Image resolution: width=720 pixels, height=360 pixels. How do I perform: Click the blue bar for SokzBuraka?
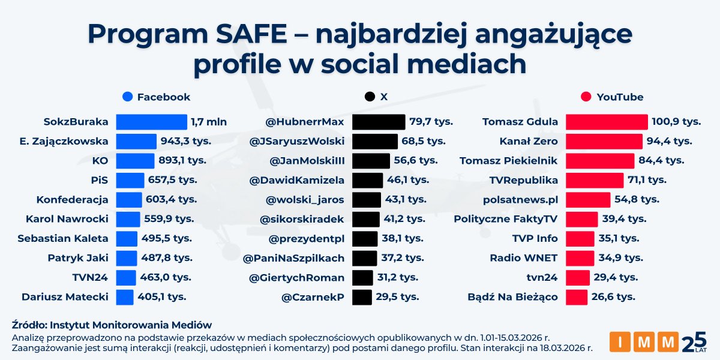[x=151, y=122]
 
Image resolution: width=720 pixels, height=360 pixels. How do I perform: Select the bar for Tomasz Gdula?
[x=607, y=122]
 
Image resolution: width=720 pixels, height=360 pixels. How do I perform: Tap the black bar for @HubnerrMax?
[x=378, y=122]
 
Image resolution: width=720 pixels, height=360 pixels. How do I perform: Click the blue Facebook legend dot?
[x=127, y=97]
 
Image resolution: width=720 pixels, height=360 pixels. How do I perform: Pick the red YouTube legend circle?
[x=586, y=97]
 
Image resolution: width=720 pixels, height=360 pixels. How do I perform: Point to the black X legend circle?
[x=370, y=97]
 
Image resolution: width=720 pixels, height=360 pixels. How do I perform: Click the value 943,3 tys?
[x=167, y=142]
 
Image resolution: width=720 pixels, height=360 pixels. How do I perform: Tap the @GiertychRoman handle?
[x=293, y=278]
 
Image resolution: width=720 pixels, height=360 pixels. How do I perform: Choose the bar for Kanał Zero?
[x=604, y=142]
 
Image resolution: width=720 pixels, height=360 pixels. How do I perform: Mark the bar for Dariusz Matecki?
[x=124, y=297]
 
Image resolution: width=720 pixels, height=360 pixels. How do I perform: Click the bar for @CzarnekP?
[x=362, y=297]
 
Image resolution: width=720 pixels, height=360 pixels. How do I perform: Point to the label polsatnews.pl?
[x=520, y=200]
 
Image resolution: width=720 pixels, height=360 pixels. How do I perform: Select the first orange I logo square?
[x=620, y=341]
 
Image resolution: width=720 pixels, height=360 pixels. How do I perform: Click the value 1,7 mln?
[x=209, y=122]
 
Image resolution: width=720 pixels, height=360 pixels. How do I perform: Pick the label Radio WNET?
[x=523, y=258]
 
